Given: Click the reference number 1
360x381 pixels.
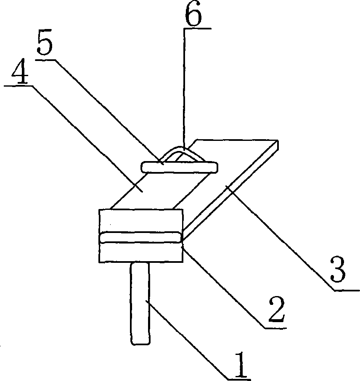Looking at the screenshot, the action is tap(240, 365).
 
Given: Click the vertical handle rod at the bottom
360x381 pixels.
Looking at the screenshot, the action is tap(140, 303).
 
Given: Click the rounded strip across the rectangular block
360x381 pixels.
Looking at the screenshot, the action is tap(141, 238).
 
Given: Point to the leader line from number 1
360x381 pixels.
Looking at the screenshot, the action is tap(189, 336).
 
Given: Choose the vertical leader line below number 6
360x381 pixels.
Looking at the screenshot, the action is tap(183, 84).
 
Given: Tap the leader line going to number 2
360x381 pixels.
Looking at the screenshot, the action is tap(223, 286).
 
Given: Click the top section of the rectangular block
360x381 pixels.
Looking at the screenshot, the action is tap(141, 220).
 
